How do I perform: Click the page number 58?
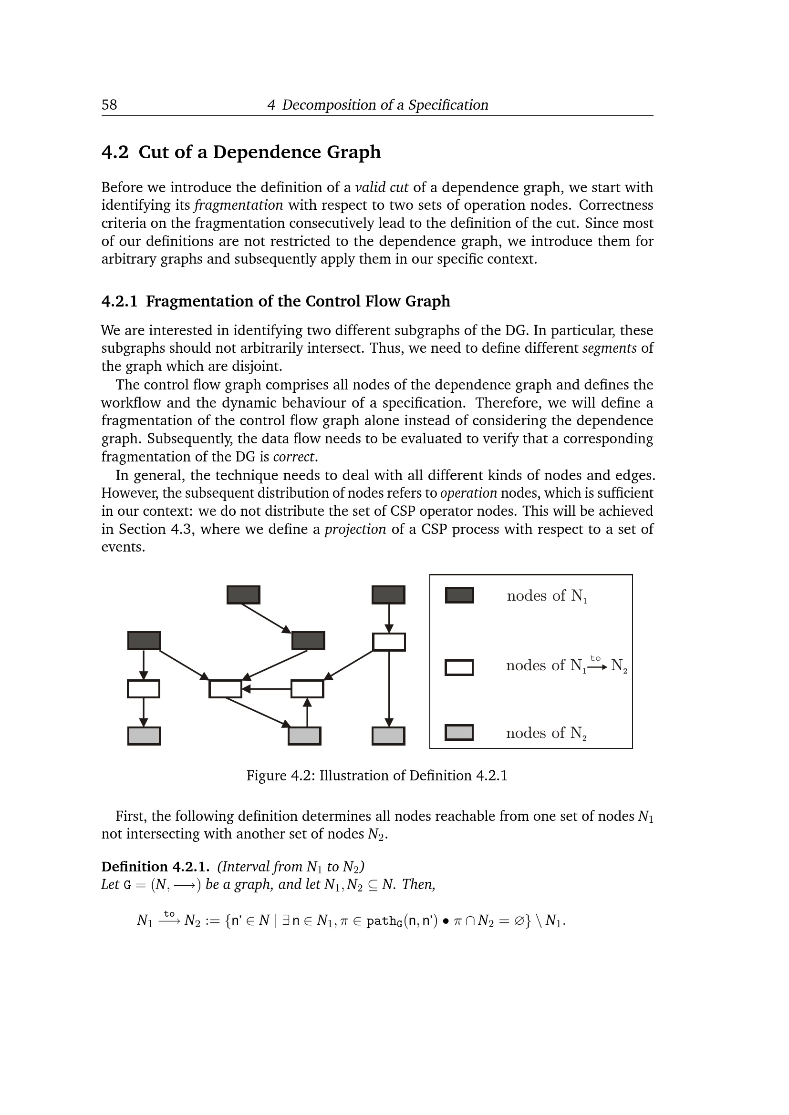pyautogui.click(x=109, y=105)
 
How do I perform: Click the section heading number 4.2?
pyautogui.click(x=114, y=153)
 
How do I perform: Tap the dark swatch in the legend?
pyautogui.click(x=459, y=595)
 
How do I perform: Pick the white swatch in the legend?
pyautogui.click(x=459, y=668)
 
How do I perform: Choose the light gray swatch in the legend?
pyautogui.click(x=459, y=732)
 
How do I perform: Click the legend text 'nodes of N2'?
pyautogui.click(x=546, y=733)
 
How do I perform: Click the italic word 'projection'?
pyautogui.click(x=355, y=529)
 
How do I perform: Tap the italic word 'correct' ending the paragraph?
pyautogui.click(x=294, y=457)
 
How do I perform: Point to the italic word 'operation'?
pyautogui.click(x=468, y=493)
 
